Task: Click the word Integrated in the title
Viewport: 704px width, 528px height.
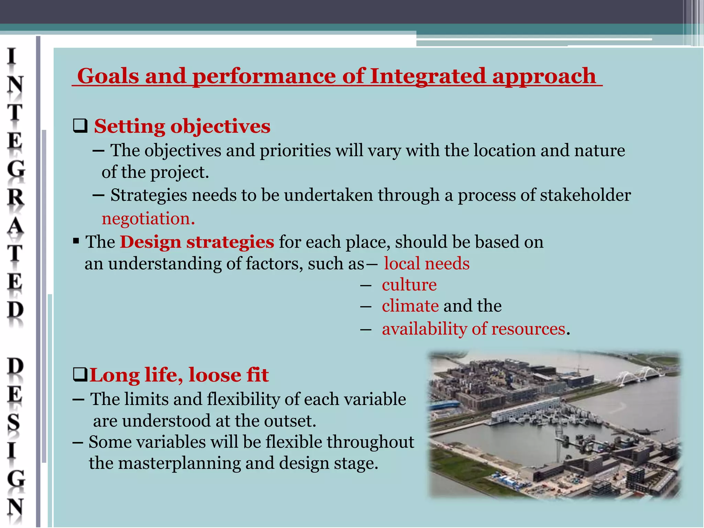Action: click(428, 76)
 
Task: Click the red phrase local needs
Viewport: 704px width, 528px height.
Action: click(426, 264)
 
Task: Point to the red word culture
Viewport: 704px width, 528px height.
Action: click(409, 285)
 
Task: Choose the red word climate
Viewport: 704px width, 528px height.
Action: click(410, 306)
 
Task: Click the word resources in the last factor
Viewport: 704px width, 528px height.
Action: click(528, 329)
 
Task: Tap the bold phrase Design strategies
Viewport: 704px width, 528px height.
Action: click(197, 242)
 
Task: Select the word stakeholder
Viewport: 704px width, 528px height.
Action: click(585, 195)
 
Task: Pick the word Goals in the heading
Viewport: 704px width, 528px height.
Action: click(108, 76)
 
